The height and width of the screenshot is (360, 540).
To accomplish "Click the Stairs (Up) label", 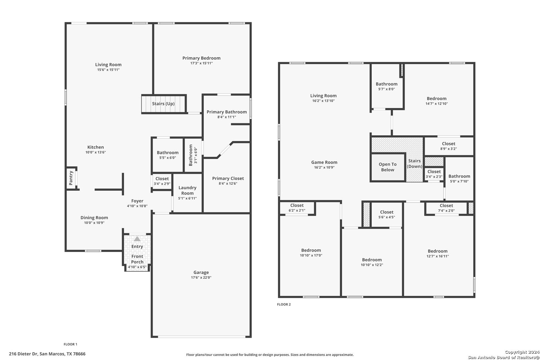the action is [163, 104].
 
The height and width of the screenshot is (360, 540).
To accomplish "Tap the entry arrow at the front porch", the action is [137, 239].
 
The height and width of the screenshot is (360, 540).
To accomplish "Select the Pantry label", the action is [71, 178].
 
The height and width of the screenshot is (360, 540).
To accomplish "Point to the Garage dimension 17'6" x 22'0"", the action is [201, 278].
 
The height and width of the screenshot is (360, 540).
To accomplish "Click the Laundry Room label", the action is [187, 190].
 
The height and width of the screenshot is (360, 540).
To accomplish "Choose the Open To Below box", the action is [388, 167].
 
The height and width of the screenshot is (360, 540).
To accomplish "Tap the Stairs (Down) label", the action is [414, 163].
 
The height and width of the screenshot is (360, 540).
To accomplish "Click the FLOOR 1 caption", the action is [70, 344].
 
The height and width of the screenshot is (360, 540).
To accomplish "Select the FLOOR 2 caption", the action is [284, 304].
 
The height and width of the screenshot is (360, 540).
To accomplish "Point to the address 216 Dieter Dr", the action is [23, 354].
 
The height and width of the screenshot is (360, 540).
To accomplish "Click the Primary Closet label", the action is [228, 178].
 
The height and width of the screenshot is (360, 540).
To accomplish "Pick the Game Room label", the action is [324, 162].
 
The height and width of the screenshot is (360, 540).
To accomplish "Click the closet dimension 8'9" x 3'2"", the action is [448, 149].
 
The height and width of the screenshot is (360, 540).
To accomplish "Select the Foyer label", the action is [137, 201].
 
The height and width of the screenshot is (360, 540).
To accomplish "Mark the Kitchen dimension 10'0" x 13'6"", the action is [95, 152].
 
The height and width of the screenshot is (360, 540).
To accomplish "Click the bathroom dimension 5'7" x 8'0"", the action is [386, 89].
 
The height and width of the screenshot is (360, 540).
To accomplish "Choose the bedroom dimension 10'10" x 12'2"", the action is [372, 265].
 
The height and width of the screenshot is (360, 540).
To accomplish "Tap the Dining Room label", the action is [94, 218].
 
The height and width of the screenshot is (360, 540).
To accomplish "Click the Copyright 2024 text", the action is [522, 352].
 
